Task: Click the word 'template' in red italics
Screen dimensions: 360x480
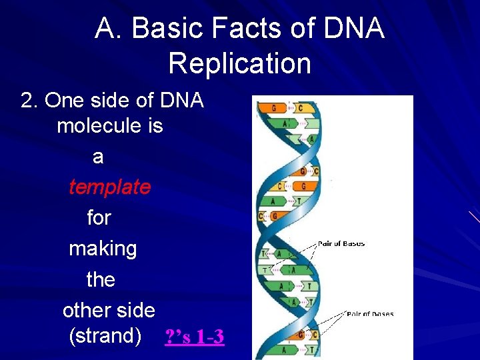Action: coord(109,187)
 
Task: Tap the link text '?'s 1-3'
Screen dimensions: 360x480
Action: coord(194,337)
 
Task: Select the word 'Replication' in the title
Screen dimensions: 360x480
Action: coord(239,64)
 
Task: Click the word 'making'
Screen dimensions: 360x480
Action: coord(103,249)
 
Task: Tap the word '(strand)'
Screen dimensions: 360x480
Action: coord(105,336)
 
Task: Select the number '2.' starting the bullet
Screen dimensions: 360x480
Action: coord(30,100)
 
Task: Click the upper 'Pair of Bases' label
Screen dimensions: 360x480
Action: coord(341,244)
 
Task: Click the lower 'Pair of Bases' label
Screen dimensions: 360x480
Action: coord(370,313)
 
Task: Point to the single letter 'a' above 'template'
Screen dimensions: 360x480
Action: coord(98,157)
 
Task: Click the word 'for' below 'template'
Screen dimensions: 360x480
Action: coord(99,218)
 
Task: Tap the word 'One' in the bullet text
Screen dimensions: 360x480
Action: coord(62,100)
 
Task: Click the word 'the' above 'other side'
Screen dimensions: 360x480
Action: coord(101,279)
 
